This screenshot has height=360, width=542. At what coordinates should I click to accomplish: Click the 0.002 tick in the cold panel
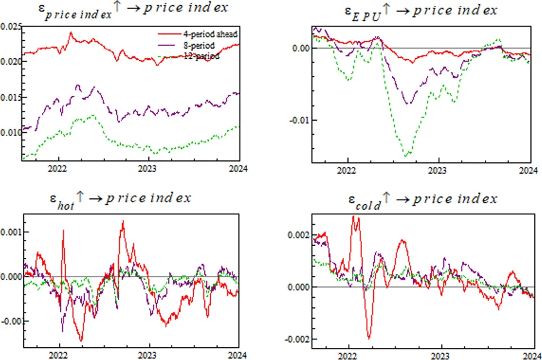click(x=298, y=235)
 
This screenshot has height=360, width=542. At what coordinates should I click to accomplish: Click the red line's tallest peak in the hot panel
click(x=123, y=221)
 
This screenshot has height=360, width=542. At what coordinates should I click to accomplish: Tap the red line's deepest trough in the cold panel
click(x=369, y=338)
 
